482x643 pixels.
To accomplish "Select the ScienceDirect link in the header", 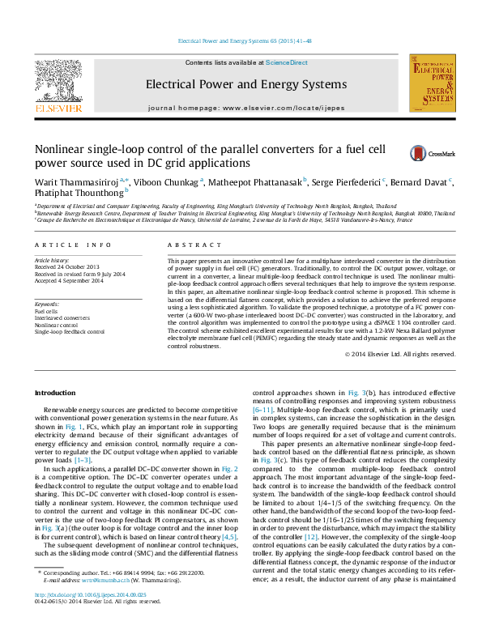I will [x=287, y=62].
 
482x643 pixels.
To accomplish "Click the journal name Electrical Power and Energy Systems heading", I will [x=234, y=84].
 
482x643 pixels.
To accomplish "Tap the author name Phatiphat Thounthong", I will [x=78, y=194].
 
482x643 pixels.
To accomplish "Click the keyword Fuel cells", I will [x=45, y=311].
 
